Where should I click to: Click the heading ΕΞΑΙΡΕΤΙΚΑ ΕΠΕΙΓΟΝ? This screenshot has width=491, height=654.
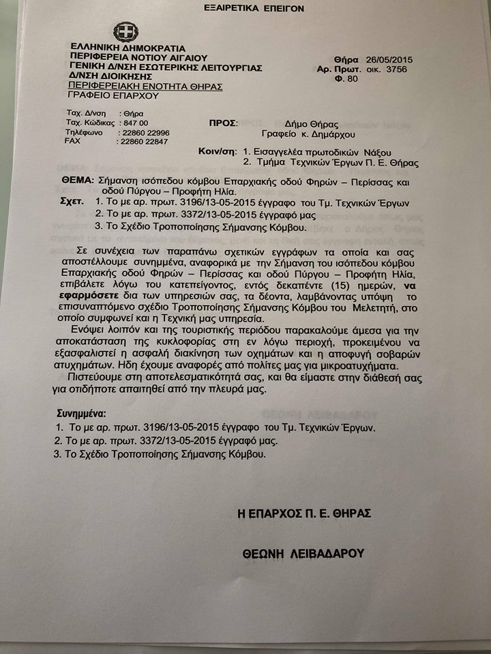pos(254,9)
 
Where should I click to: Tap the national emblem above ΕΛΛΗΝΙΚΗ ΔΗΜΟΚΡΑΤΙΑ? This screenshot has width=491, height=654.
pos(125,32)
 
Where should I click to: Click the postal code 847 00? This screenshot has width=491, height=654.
pos(134,123)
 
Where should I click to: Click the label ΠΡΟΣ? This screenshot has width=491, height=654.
pos(222,123)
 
